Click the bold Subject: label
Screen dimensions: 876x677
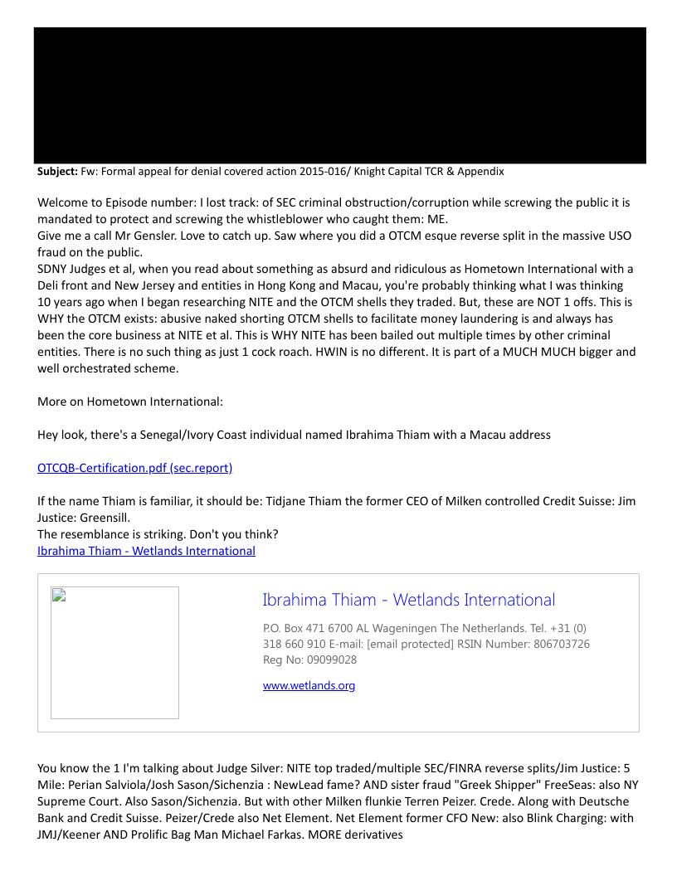tap(57, 172)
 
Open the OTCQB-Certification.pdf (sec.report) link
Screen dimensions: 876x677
tap(134, 468)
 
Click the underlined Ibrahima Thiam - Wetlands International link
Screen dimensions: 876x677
tap(146, 551)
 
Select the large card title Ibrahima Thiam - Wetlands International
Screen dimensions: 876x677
tap(408, 600)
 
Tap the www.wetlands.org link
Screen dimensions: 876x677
tap(309, 685)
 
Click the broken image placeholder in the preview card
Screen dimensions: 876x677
tap(114, 652)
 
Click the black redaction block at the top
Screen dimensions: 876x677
tap(339, 95)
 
